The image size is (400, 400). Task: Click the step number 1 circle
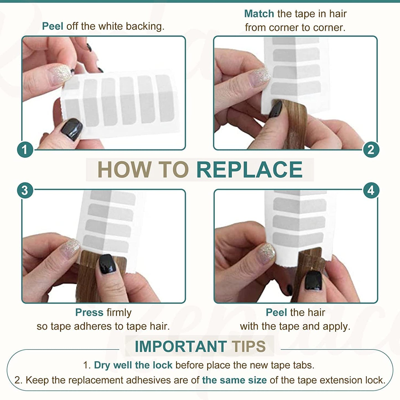pos(25,149)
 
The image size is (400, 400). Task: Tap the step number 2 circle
pos(371,149)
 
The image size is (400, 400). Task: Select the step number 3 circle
pos(25,190)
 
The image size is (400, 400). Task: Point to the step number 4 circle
pos(371,190)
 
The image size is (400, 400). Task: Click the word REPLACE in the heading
pos(249,170)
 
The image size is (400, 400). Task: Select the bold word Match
pos(259,14)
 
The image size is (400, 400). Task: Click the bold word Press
pos(89,312)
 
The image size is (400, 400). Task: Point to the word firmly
pos(119,313)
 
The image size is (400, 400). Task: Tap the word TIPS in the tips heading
pos(248,346)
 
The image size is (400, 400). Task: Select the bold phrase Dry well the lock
pos(133,365)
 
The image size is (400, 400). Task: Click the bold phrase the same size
pos(234,380)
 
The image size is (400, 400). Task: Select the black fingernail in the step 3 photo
pos(107,264)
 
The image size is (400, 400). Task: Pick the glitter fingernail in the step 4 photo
pos(267,252)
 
